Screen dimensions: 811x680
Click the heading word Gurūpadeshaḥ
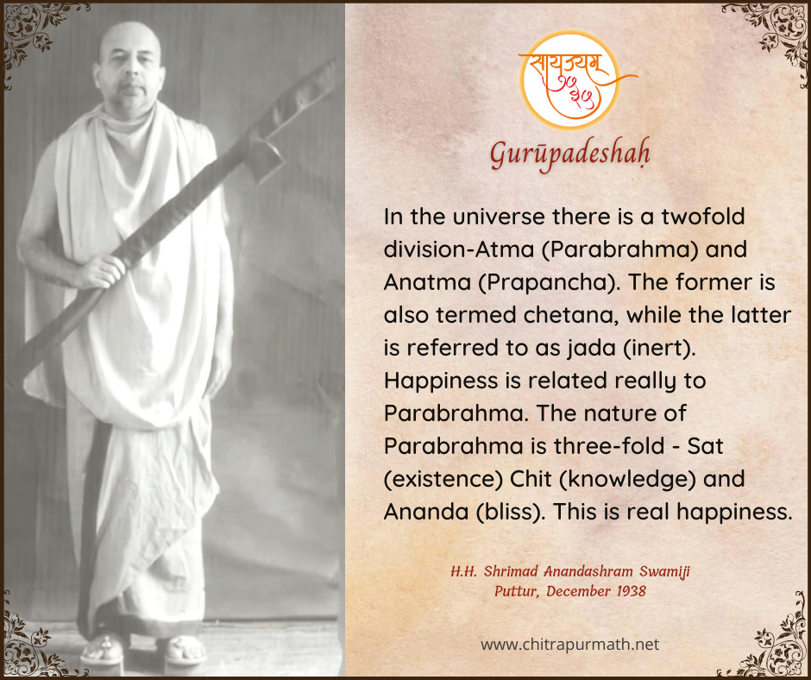point(569,155)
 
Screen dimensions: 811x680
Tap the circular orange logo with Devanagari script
point(570,81)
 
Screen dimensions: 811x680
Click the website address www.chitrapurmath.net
point(569,645)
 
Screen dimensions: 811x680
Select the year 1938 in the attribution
point(631,591)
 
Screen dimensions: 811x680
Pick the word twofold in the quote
point(703,217)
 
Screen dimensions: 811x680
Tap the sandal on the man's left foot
point(183,651)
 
